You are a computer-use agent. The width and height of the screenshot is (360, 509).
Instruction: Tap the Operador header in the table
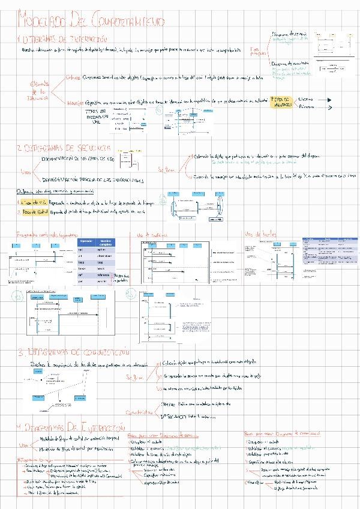(85, 242)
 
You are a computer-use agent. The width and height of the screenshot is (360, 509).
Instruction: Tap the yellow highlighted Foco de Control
(28, 212)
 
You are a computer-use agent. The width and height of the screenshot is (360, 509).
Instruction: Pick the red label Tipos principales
(258, 50)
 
